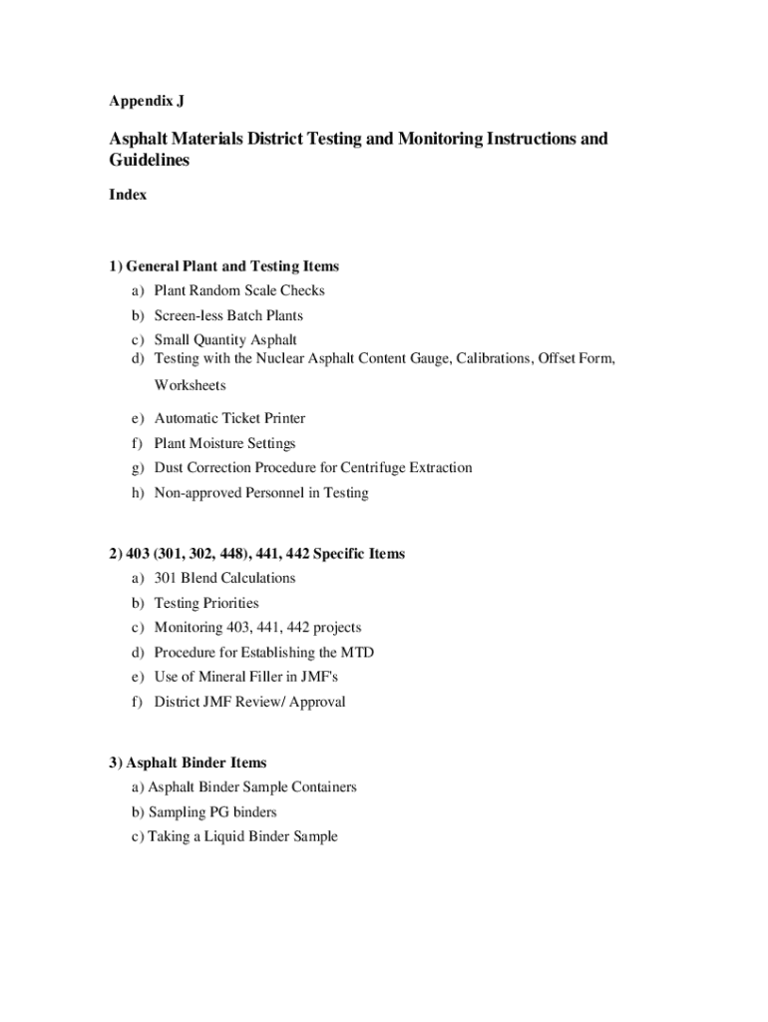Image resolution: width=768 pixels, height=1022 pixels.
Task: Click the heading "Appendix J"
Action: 147,101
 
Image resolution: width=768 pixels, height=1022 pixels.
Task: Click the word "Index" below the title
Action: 128,195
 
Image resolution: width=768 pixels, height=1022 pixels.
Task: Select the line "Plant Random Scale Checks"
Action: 239,290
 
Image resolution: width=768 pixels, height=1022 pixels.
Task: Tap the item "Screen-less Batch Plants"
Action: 228,315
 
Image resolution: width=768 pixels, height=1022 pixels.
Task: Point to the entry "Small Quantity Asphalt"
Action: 225,340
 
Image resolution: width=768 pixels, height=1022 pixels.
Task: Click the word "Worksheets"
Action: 190,385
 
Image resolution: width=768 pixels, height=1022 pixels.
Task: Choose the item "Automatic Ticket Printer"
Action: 229,418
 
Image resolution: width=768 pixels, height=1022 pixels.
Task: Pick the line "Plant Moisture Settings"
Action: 224,443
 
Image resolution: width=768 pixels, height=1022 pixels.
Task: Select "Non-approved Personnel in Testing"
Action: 261,492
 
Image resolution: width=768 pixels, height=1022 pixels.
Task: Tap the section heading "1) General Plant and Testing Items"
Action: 224,266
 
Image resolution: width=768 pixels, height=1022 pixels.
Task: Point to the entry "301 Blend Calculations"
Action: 224,578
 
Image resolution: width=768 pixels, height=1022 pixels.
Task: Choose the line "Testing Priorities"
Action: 206,603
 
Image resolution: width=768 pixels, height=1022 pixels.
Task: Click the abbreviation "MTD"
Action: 356,652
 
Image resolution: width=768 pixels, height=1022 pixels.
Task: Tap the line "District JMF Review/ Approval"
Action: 249,702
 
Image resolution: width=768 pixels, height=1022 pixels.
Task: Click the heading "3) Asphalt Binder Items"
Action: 189,763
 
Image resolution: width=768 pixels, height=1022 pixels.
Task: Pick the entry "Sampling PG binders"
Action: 212,812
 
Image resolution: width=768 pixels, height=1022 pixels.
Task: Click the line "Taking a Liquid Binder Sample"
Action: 242,836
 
